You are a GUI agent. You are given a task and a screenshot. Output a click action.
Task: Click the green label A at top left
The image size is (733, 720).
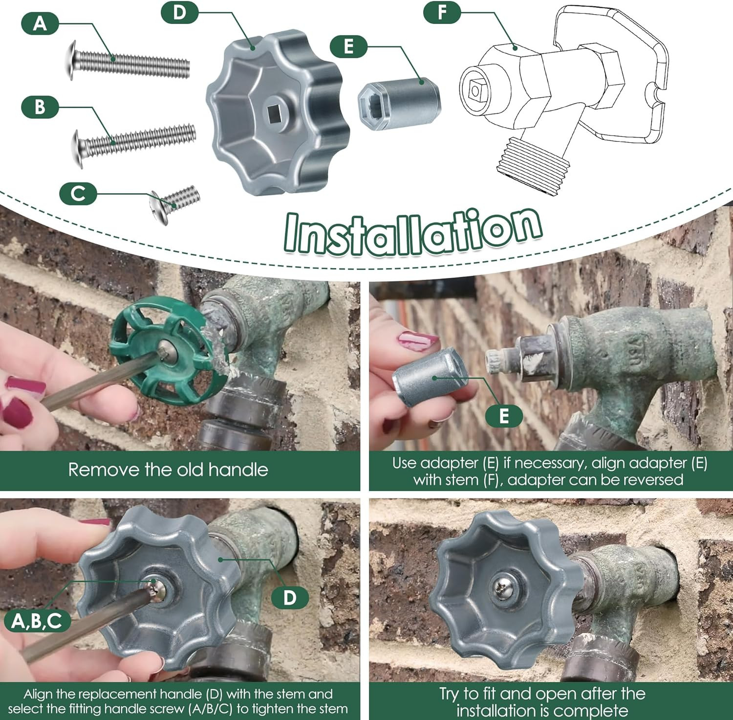40,23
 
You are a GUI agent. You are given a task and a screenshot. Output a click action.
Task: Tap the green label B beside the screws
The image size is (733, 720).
40,107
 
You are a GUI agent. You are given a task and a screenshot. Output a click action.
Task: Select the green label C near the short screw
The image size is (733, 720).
78,193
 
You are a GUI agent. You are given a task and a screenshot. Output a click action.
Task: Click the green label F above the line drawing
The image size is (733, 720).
442,12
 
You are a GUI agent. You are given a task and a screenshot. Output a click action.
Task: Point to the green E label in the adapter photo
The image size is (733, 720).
504,416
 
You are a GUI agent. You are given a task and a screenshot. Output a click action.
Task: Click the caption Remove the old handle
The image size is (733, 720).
168,470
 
